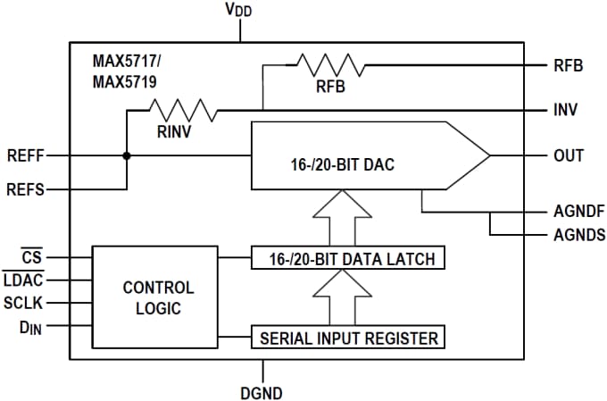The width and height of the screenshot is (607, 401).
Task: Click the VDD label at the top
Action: tap(239, 12)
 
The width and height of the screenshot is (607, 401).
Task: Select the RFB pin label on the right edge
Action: tap(570, 65)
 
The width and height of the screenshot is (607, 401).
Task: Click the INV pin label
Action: tap(566, 111)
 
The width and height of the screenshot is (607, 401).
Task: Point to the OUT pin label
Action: tap(569, 155)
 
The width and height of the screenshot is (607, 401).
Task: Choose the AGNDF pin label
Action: tap(579, 213)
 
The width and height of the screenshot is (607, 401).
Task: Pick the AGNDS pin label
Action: tap(579, 235)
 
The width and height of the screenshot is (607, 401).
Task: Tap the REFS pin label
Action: tap(25, 189)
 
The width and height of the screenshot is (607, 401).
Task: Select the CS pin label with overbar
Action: tap(32, 258)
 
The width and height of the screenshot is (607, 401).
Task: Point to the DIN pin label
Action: tap(29, 327)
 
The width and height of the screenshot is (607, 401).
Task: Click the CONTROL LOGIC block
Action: tap(157, 298)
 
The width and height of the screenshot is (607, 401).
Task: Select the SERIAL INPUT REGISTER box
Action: tap(348, 338)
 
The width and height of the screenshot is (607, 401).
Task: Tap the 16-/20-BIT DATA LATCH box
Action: tap(348, 259)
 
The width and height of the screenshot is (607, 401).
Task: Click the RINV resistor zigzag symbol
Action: tap(183, 111)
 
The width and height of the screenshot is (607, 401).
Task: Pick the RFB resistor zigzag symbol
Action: tap(330, 65)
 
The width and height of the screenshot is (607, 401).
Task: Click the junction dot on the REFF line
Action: tap(128, 155)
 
